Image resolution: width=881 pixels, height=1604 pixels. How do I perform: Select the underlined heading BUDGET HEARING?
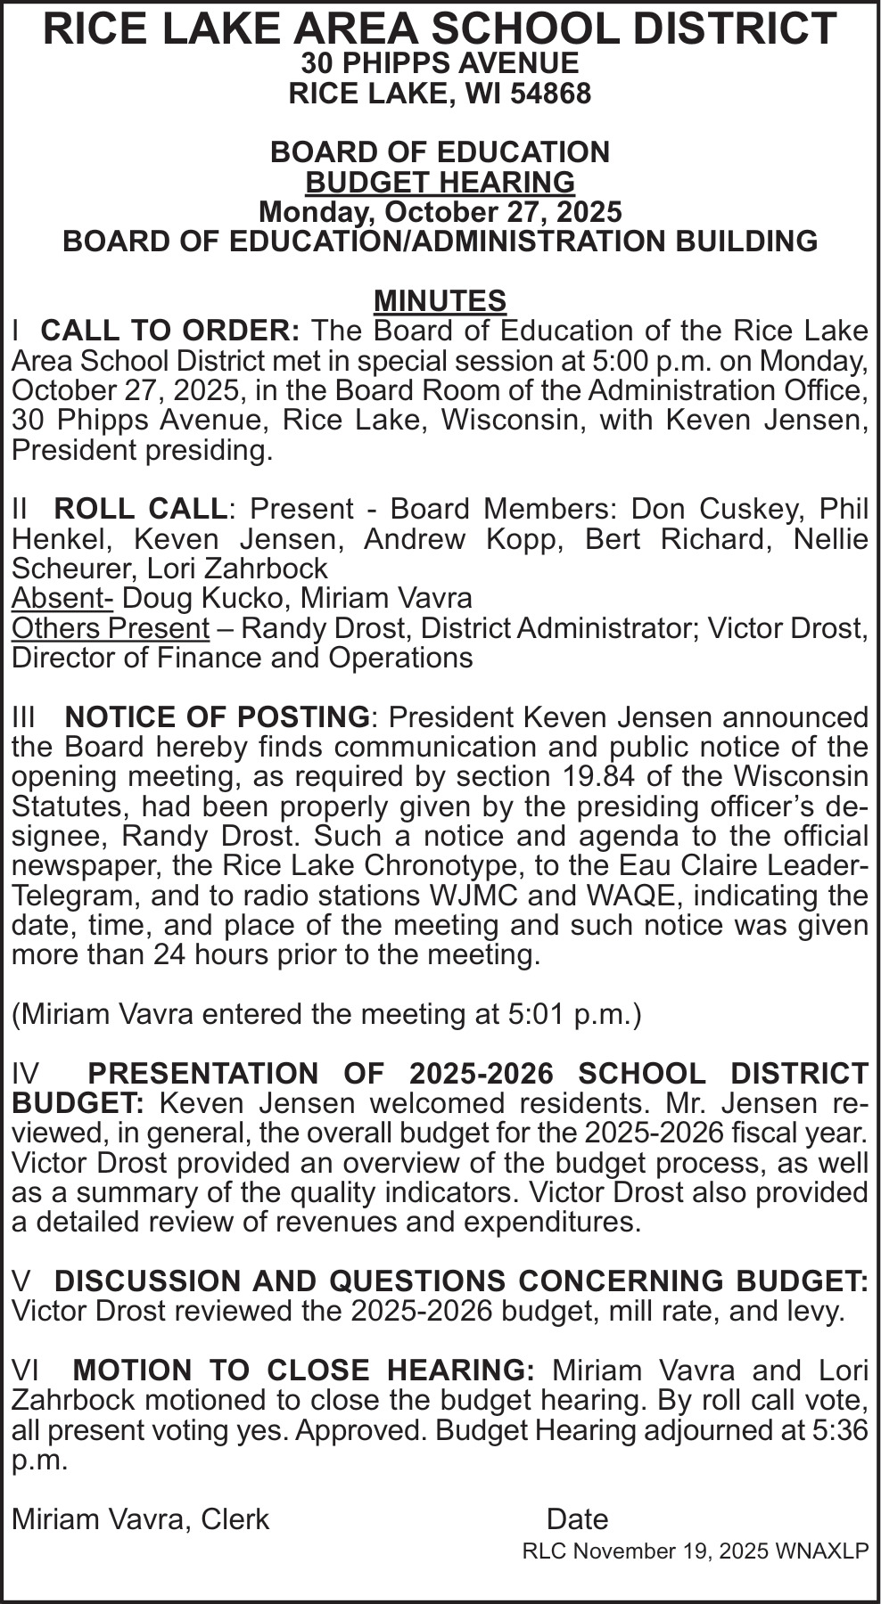point(440,182)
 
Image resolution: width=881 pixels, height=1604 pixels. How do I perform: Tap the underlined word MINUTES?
point(440,300)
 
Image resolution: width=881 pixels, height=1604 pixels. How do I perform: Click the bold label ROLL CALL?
point(140,509)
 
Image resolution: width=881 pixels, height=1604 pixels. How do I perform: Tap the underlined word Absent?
point(60,598)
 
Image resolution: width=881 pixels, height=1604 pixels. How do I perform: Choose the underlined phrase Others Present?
point(110,628)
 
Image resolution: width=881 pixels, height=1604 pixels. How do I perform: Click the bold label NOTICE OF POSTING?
point(218,717)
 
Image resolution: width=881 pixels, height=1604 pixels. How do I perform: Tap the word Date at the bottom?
point(577,1519)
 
